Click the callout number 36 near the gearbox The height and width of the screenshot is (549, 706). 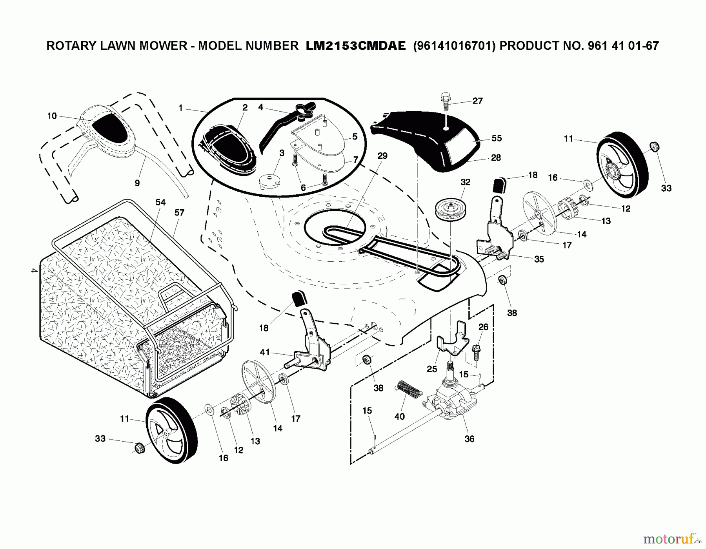click(x=469, y=439)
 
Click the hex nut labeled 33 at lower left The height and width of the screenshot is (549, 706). click(x=139, y=448)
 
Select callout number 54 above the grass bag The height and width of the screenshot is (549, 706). click(x=160, y=203)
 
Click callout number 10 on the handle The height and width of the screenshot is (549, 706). click(x=52, y=116)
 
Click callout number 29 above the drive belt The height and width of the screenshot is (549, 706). click(x=382, y=156)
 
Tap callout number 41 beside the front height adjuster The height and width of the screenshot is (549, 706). click(x=265, y=352)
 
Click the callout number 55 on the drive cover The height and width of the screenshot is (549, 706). click(x=497, y=138)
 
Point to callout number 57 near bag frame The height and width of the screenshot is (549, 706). click(x=179, y=213)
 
